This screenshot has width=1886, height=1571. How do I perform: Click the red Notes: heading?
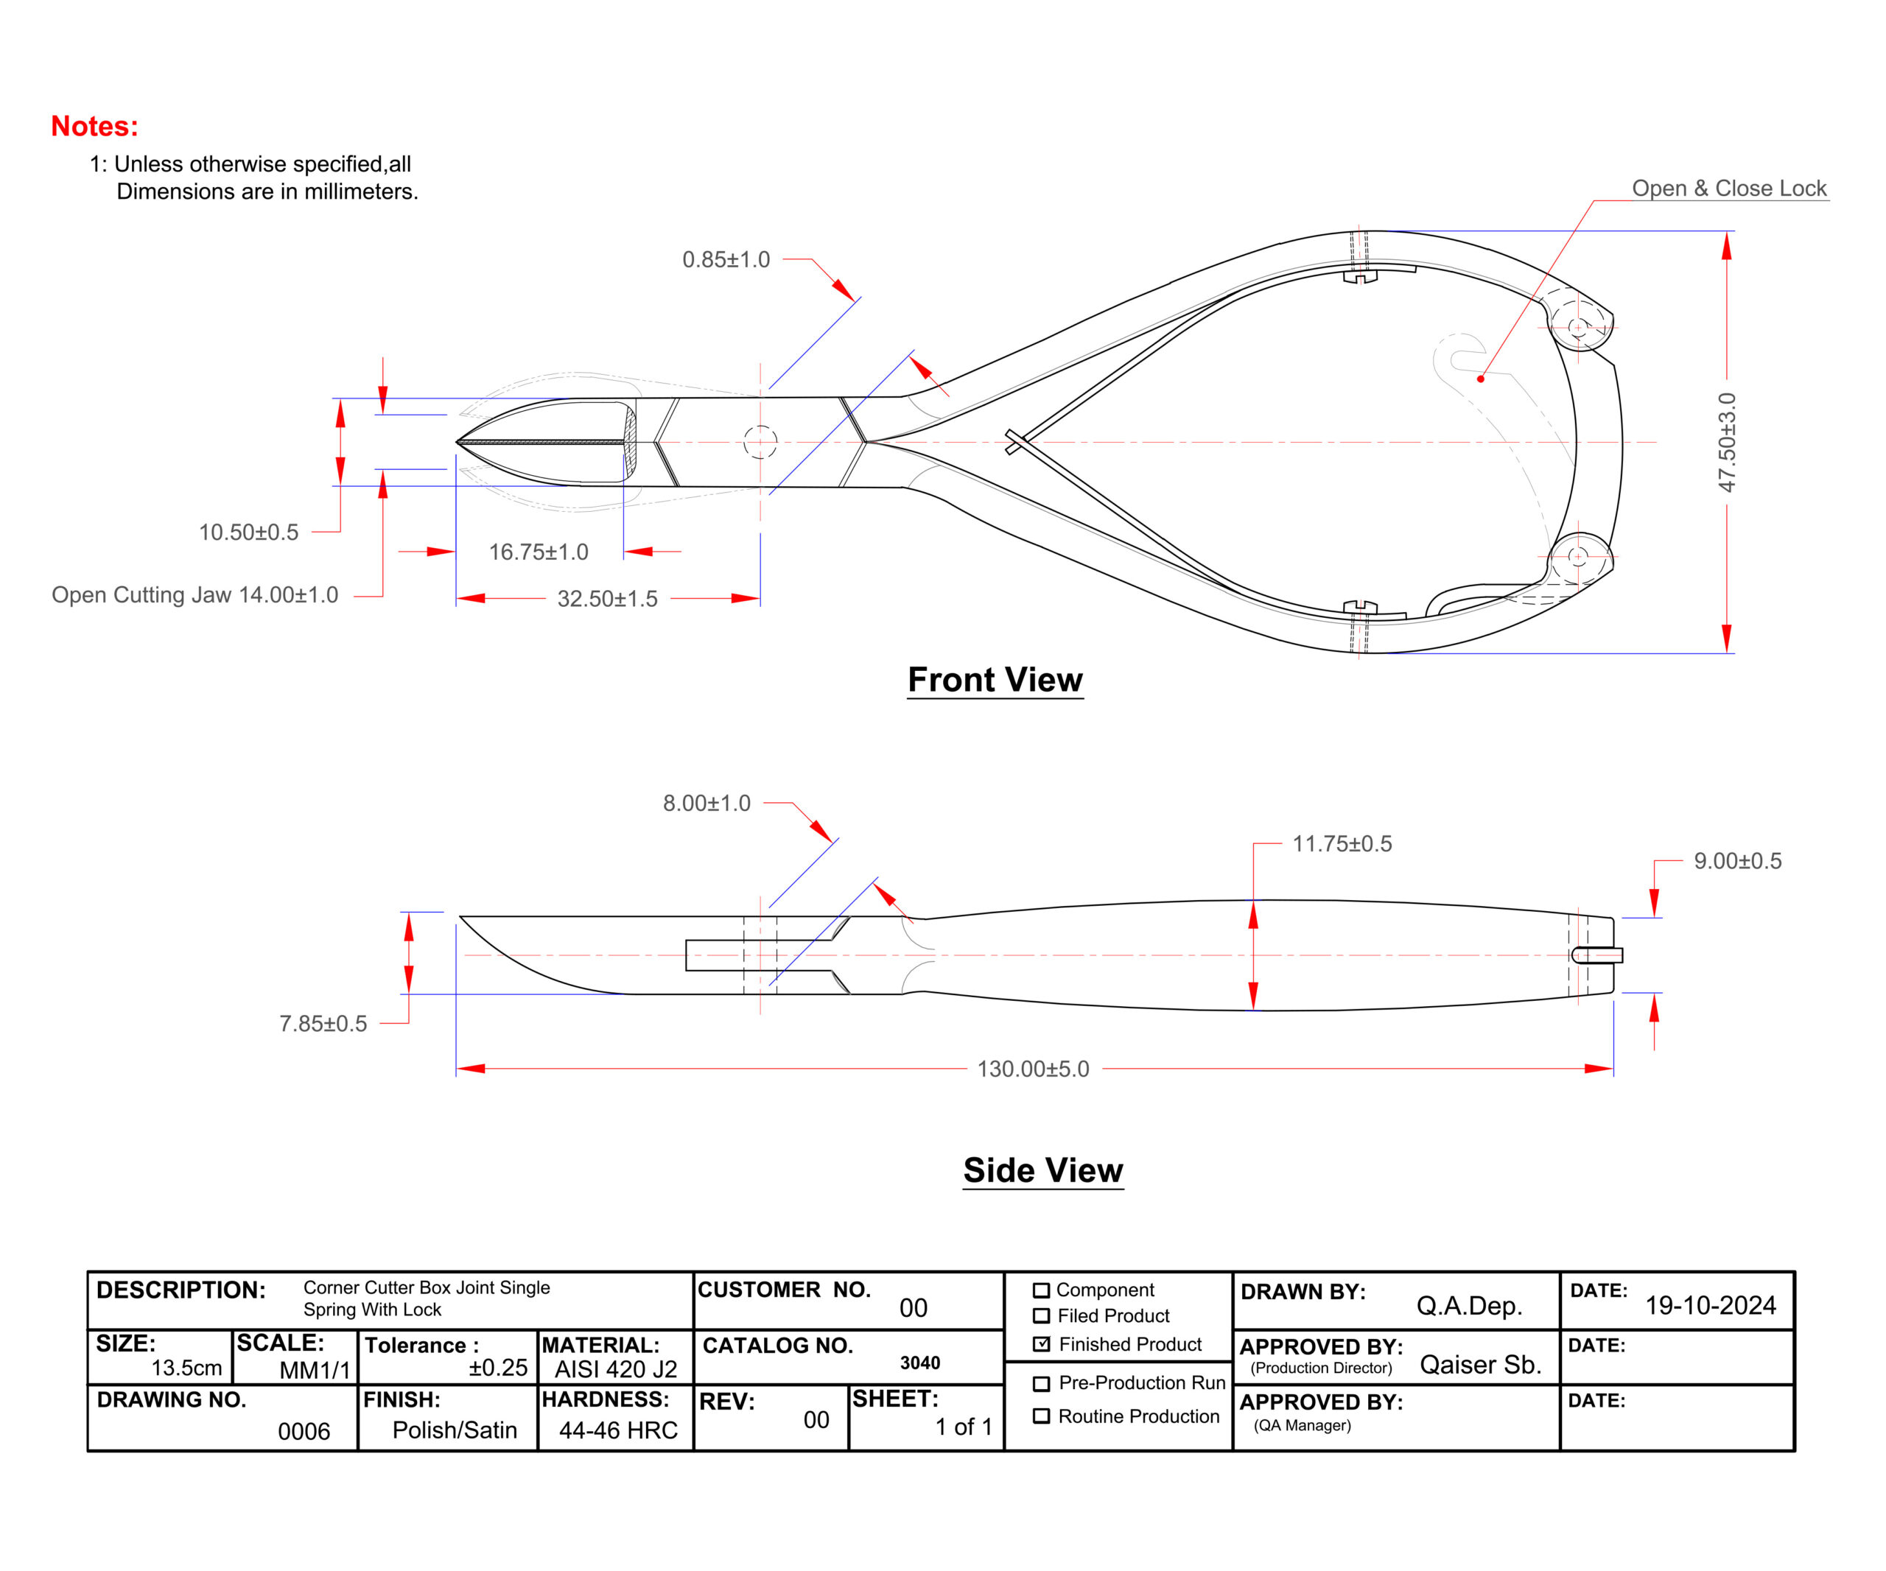coord(94,127)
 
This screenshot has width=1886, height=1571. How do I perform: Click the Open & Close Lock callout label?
coord(1729,189)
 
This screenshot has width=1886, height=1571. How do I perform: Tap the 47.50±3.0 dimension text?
coord(1726,443)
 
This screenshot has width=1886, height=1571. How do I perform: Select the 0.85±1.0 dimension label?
coord(726,259)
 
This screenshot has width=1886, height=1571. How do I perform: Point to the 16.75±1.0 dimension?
coord(538,552)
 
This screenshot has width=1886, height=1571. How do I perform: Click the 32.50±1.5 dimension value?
coord(607,599)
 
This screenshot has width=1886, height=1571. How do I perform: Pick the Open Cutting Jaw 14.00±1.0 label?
coord(195,595)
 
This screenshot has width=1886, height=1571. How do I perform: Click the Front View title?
coord(995,680)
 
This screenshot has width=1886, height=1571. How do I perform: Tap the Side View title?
coord(1042,1170)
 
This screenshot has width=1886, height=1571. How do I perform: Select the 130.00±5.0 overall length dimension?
coord(1033,1069)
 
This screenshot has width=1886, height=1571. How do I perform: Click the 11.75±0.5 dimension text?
coord(1342,844)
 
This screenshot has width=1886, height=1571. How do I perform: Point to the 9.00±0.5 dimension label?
coord(1737,861)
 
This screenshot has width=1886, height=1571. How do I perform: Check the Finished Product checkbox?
coord(1042,1344)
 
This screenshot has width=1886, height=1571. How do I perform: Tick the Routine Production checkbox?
coord(1042,1416)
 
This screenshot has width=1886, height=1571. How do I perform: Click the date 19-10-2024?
coord(1710,1305)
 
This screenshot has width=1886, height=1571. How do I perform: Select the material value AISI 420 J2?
coord(616,1369)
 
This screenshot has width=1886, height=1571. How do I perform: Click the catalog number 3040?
coord(919,1363)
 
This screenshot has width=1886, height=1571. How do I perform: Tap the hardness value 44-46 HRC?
coord(618,1430)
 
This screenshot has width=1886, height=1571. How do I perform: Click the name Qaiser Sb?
coord(1480,1365)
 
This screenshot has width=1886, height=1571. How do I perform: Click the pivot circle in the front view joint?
coord(760,442)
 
